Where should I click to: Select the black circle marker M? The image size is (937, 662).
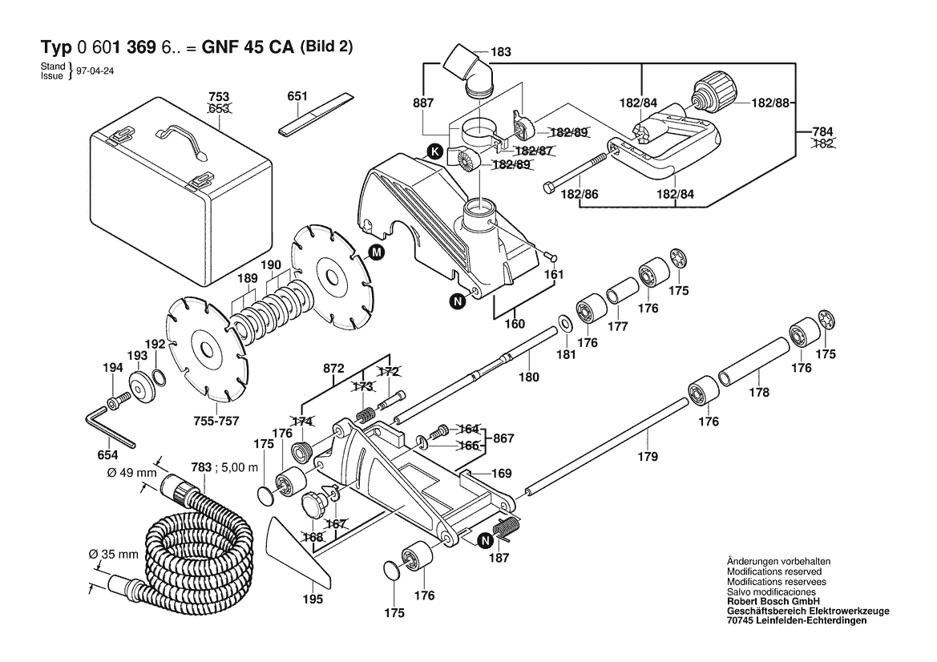click(376, 253)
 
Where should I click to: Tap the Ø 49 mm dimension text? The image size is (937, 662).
click(131, 472)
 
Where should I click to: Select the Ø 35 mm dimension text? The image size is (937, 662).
click(113, 554)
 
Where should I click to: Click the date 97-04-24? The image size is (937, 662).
click(94, 71)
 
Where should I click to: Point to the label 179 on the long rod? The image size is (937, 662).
click(648, 457)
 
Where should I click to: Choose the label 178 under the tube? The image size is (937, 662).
click(758, 393)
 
